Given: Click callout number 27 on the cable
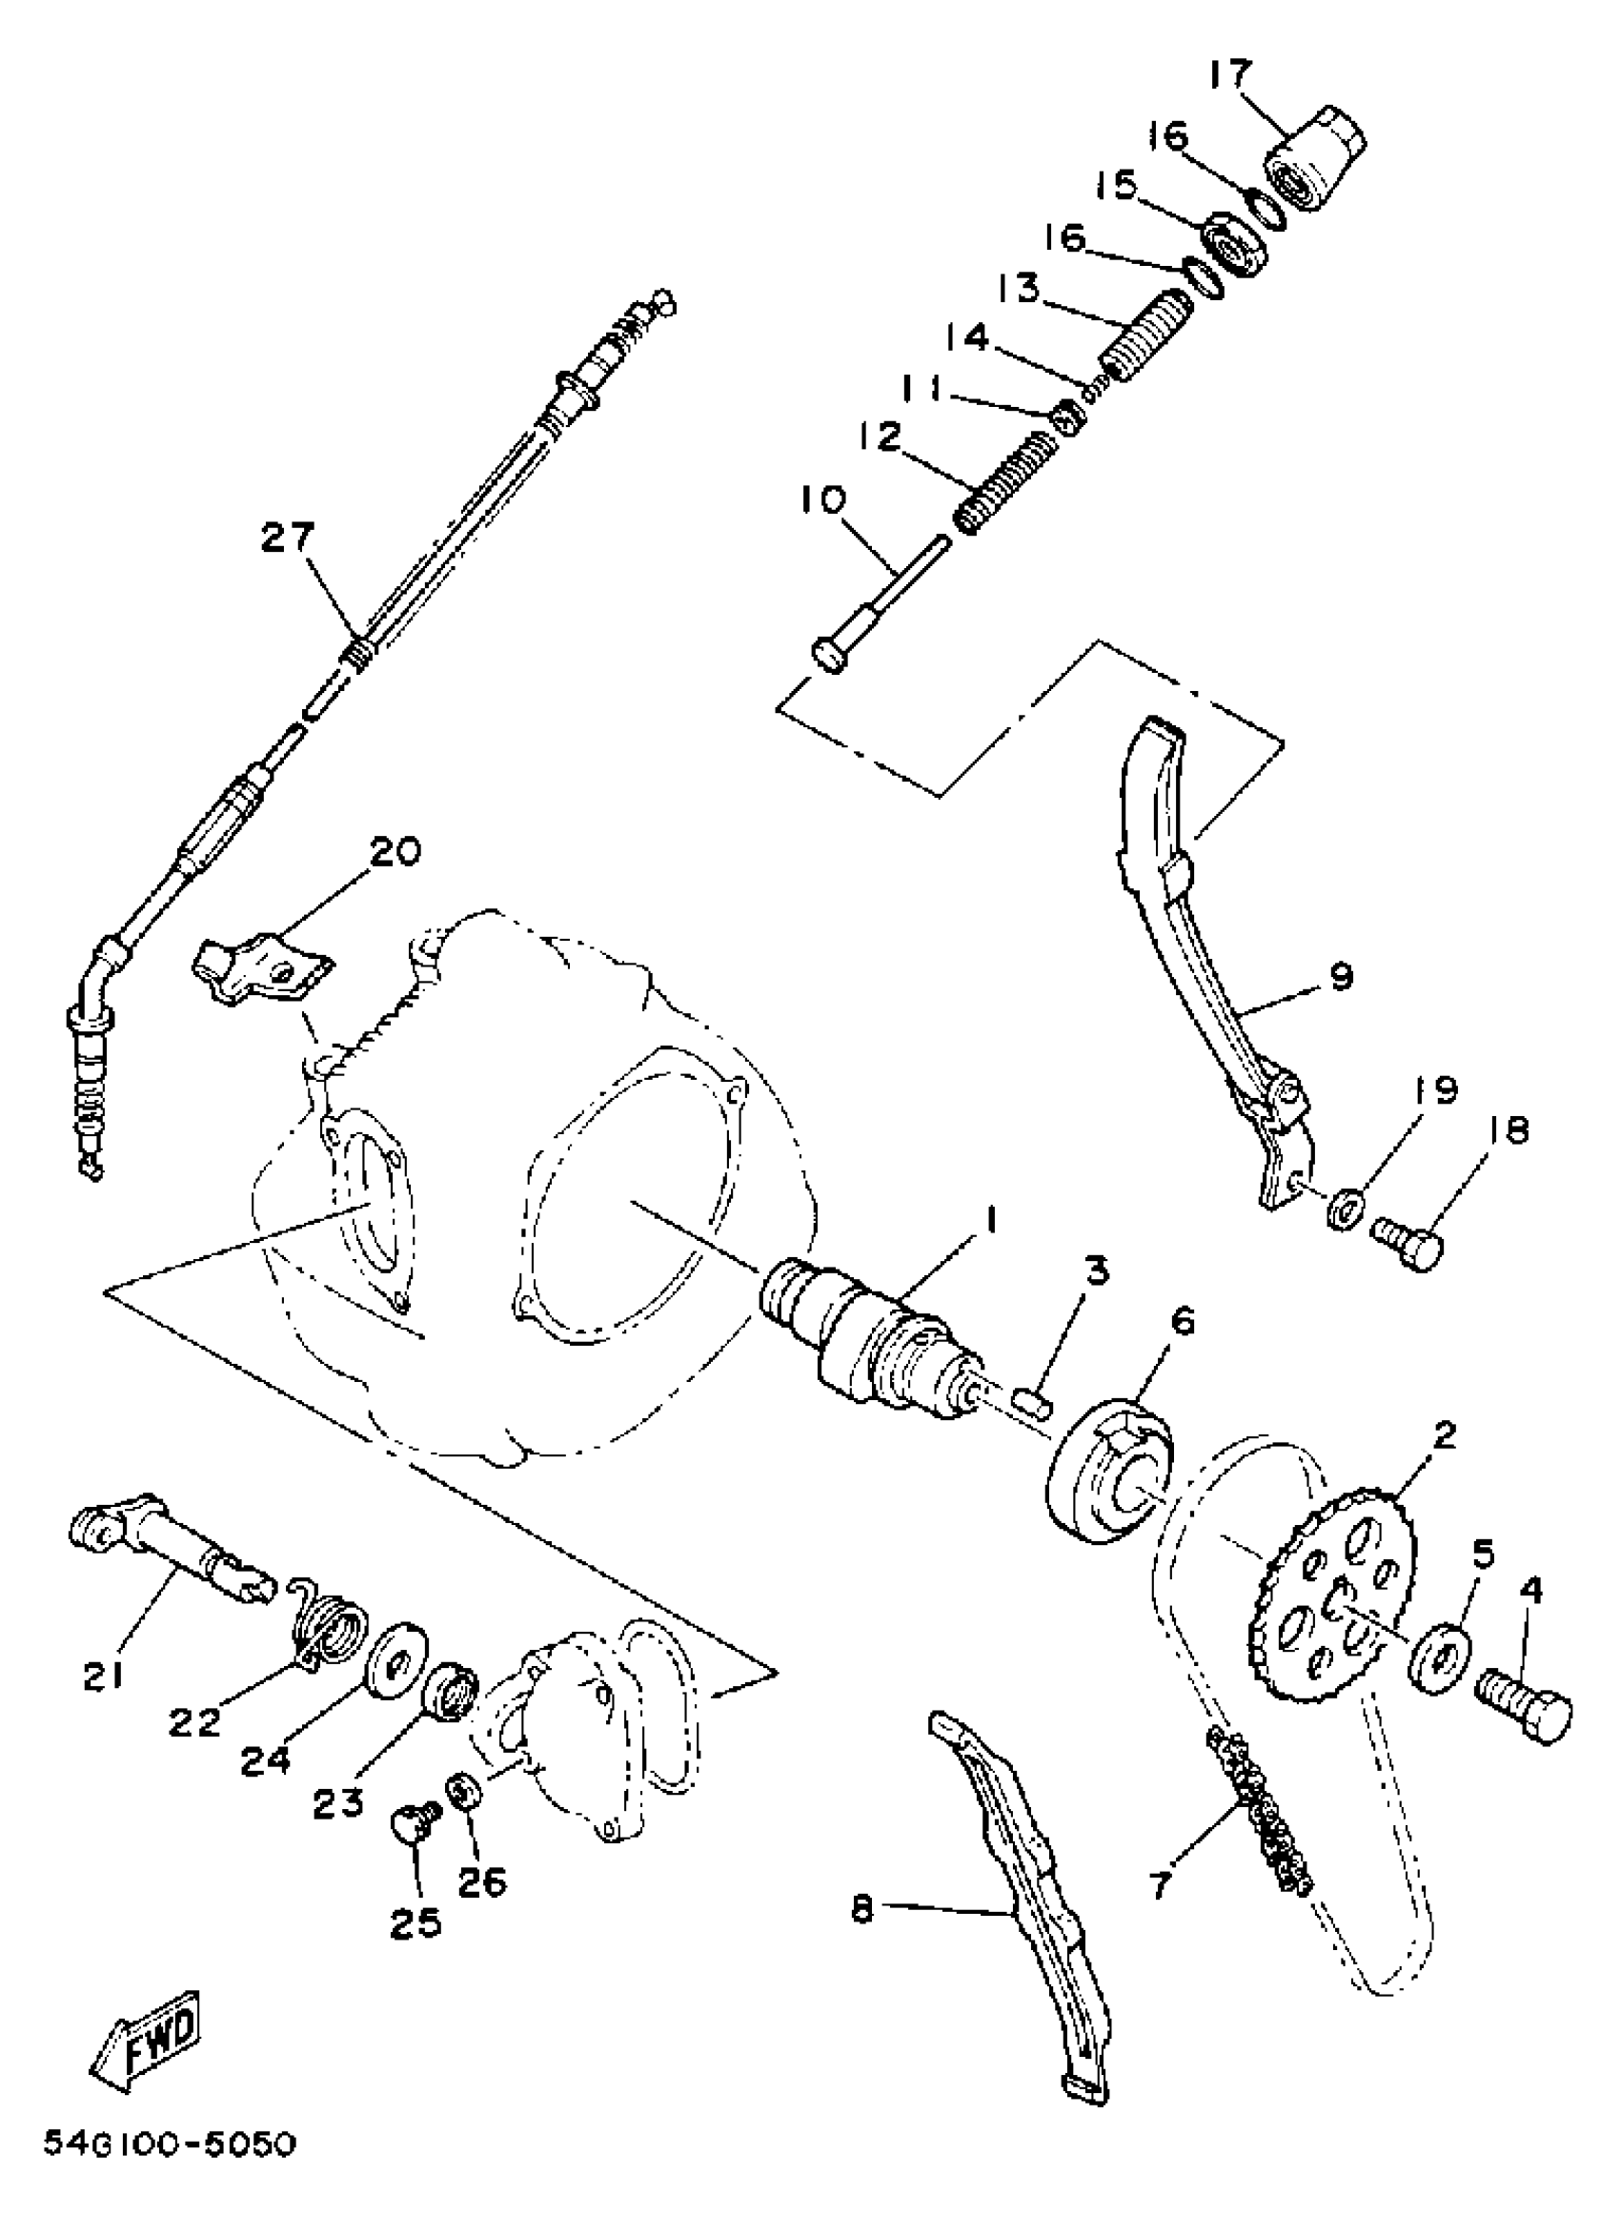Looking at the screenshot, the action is pos(288,539).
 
